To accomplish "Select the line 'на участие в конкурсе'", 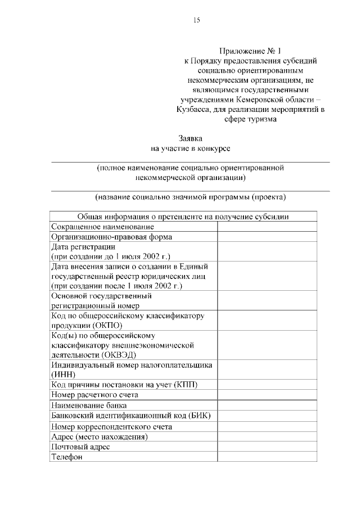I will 190,148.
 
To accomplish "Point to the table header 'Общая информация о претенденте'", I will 190,216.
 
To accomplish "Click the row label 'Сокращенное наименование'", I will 102,226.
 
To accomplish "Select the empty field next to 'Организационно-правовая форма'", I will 273,237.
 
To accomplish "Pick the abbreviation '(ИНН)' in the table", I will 61,374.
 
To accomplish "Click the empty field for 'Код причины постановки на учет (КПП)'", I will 273,384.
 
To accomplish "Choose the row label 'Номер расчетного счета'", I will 94,395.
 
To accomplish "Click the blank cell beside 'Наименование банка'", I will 273,405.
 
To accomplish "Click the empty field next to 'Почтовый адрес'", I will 273,447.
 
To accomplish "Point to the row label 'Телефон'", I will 67,457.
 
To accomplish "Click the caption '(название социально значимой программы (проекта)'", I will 190,197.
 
